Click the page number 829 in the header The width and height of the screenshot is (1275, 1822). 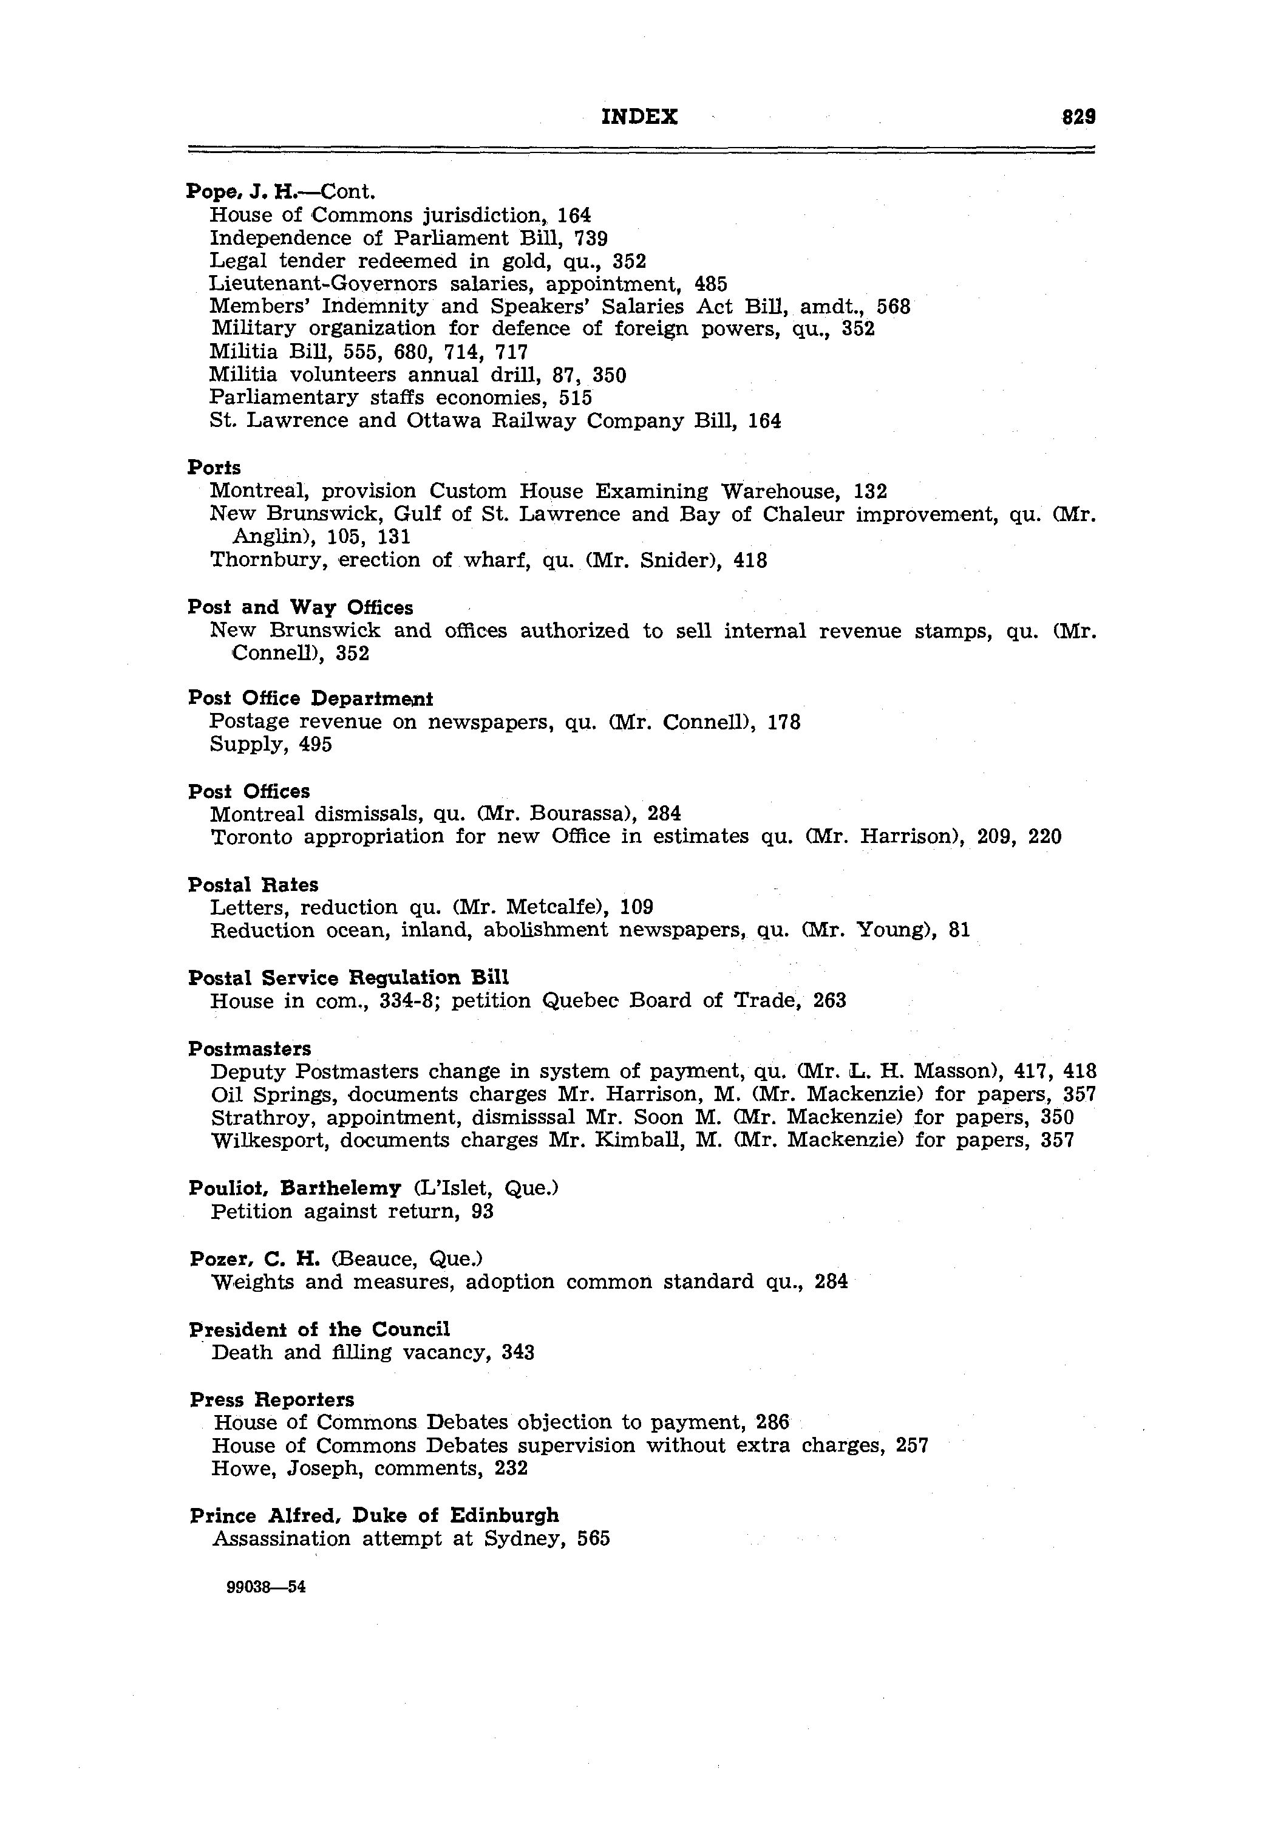tap(1079, 117)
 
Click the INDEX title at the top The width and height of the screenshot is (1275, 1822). tap(639, 117)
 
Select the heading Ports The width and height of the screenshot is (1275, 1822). tap(214, 468)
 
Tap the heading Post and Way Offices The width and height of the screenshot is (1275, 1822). tap(301, 608)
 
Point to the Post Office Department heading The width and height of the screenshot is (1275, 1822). tap(310, 699)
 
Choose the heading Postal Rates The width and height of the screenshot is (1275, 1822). tap(253, 885)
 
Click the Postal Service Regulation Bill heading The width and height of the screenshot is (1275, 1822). tap(348, 978)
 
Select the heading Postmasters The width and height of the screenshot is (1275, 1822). tap(250, 1049)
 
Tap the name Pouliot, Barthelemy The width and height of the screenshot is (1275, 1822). tap(295, 1188)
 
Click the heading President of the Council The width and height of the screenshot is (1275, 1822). tap(320, 1329)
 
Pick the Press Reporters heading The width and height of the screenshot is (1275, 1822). tap(272, 1400)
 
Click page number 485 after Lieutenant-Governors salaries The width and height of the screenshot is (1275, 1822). tap(711, 284)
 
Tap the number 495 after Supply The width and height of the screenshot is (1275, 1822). tap(316, 745)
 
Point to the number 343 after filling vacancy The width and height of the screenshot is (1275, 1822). tap(518, 1353)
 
